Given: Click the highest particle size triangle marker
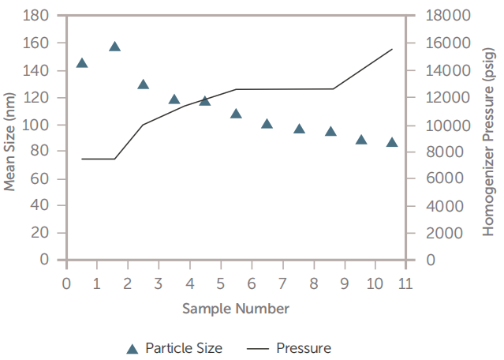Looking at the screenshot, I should click(x=114, y=47).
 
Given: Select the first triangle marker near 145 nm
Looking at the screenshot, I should click(x=82, y=63).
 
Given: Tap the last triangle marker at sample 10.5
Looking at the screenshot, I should click(x=392, y=143).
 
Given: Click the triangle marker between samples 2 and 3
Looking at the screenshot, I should click(x=144, y=84).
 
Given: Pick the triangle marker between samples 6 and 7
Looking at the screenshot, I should click(x=267, y=124).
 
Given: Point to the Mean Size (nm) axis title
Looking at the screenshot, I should click(x=10, y=138).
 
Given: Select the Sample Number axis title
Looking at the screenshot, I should click(x=236, y=308).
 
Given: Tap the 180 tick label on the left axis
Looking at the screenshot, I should click(x=39, y=16).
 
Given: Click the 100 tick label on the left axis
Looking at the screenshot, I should click(x=39, y=125).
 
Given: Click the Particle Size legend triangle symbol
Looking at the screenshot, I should click(x=133, y=348).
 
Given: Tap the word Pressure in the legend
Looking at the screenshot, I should click(x=304, y=348).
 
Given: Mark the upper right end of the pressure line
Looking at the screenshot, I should click(x=392, y=49).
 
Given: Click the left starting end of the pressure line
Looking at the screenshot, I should click(x=82, y=159).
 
